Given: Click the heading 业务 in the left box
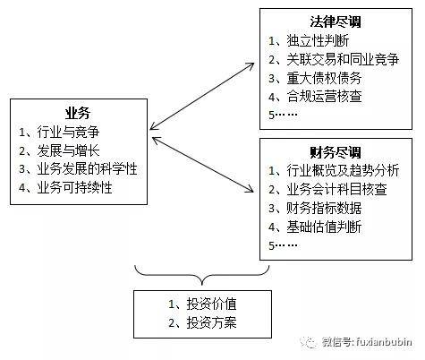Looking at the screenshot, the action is (78, 113).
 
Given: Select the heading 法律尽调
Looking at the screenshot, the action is (336, 21).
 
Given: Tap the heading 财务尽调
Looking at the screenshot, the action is (336, 152).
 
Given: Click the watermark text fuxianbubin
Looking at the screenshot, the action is (384, 341).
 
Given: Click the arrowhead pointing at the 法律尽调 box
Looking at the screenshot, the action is (251, 65).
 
